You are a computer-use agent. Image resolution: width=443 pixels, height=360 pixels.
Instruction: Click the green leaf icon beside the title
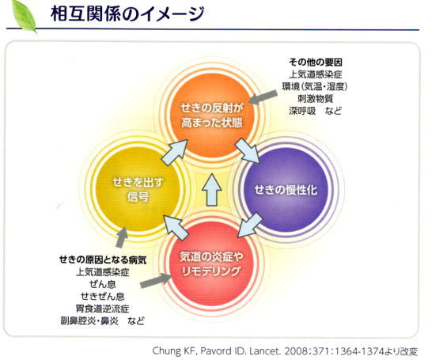coord(24,16)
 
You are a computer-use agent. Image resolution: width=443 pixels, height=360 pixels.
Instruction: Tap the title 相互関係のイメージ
coord(127,14)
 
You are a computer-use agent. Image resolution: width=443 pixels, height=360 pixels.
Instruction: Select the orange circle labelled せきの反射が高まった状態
coord(212,116)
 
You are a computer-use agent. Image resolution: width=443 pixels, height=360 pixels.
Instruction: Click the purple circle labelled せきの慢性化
coord(286,190)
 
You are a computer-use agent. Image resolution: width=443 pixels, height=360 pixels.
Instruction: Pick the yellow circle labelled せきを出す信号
coord(138,189)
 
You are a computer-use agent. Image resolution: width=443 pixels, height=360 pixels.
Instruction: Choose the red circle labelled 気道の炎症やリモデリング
coord(212,263)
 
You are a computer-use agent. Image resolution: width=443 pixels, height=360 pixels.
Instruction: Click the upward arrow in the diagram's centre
coord(212,190)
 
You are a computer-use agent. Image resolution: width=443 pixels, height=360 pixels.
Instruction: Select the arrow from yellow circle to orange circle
coord(175,152)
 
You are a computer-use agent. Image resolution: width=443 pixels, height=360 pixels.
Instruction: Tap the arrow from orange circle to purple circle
coord(248,150)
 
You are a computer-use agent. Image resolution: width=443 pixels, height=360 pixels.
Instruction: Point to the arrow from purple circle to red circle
coord(250,225)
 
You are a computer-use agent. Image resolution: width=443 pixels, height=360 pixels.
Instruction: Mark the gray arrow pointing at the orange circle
coord(263,97)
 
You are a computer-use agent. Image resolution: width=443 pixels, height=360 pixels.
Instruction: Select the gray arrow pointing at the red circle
coord(156,281)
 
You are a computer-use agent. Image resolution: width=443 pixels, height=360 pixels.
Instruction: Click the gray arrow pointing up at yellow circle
coord(122,237)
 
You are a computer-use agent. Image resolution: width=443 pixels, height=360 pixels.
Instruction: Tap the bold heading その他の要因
coord(316,62)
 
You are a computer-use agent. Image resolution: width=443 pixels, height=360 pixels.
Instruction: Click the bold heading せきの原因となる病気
coord(103,260)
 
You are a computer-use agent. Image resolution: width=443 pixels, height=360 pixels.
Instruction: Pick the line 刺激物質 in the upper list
coord(316,98)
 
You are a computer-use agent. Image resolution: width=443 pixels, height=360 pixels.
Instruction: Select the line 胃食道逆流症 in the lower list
coord(102,309)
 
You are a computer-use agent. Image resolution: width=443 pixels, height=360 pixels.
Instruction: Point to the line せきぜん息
coord(102,296)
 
